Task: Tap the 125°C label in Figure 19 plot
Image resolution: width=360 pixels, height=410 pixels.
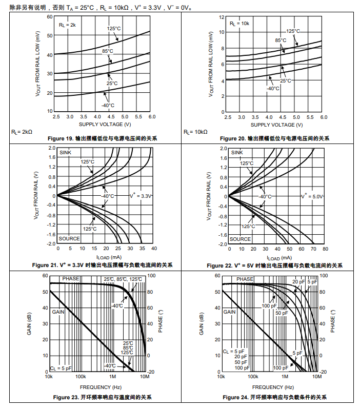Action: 114,29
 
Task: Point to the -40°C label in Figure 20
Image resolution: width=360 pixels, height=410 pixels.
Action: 273,88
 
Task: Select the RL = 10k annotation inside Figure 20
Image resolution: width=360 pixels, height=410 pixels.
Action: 239,24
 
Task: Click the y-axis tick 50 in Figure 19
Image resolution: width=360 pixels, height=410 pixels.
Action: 50,35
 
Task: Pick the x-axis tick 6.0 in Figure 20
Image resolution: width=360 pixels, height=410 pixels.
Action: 324,117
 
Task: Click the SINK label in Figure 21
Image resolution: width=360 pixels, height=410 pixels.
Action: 65,152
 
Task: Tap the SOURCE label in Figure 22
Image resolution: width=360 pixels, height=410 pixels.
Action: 240,239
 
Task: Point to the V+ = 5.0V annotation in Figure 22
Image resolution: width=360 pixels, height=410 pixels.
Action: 313,196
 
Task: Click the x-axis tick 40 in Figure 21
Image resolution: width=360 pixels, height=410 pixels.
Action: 153,249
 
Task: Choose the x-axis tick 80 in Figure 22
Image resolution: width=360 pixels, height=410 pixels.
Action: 325,249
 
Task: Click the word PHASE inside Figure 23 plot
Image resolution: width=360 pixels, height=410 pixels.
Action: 72,279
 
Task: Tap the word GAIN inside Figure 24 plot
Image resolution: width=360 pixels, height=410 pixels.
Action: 229,312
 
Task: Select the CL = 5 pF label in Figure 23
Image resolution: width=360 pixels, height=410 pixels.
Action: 61,368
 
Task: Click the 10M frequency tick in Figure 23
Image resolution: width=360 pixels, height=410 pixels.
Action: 145,377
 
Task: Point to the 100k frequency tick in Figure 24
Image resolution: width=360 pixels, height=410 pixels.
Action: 252,377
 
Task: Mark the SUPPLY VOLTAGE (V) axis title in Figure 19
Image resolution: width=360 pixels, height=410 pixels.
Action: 105,125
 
